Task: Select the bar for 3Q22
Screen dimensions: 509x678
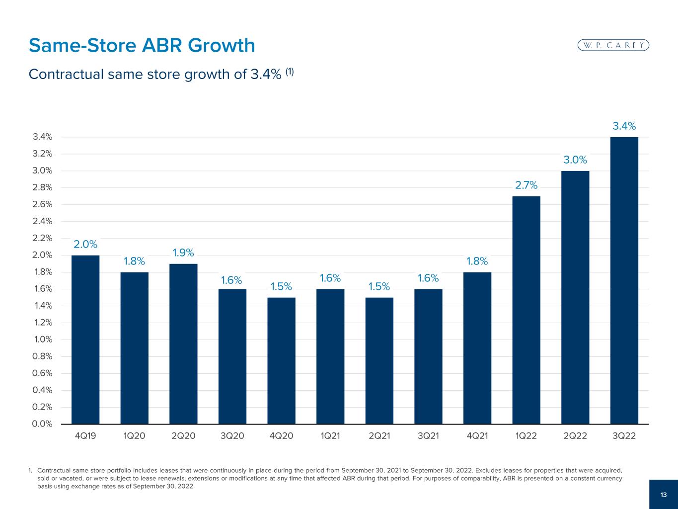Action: tap(624, 280)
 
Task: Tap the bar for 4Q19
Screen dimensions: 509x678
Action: tap(85, 339)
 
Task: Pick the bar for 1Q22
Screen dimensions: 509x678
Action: tap(526, 310)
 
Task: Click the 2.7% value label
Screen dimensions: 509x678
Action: tap(526, 185)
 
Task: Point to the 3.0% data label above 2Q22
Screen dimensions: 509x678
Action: tap(575, 160)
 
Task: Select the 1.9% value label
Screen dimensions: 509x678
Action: tap(183, 253)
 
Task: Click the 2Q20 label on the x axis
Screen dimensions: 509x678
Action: tap(183, 436)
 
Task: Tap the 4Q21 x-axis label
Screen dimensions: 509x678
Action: tap(477, 436)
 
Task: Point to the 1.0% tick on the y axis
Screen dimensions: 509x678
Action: tap(42, 339)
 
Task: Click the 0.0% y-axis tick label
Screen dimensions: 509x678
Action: tap(42, 424)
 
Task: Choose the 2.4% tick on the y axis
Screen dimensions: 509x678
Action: tap(42, 221)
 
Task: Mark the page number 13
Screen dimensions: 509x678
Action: tap(663, 495)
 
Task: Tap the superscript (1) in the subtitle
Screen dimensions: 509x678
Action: tap(289, 71)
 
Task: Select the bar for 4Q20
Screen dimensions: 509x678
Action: tap(281, 361)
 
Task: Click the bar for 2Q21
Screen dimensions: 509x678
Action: tap(379, 361)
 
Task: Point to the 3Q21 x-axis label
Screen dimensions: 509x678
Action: tap(428, 436)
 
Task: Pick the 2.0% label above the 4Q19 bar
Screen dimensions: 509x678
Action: tap(85, 245)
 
